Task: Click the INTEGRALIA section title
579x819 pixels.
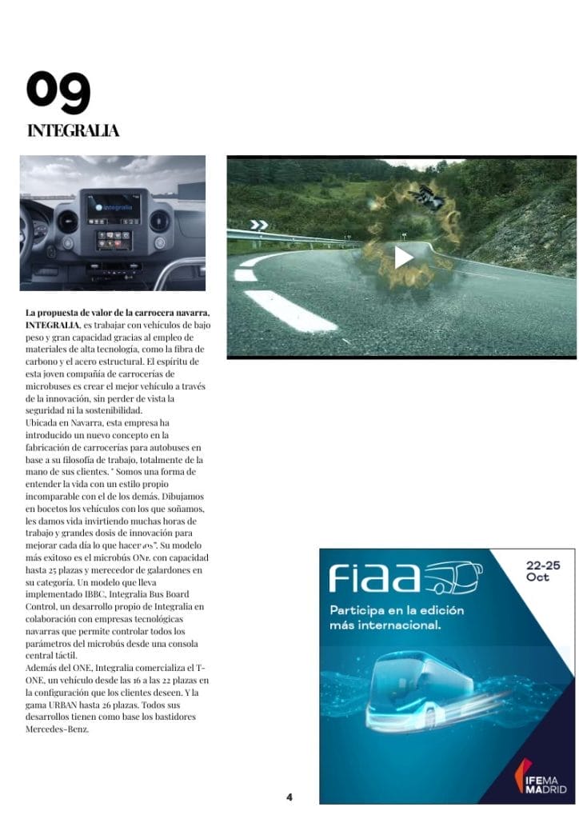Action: click(x=73, y=130)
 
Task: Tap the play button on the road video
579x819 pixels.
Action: click(x=403, y=257)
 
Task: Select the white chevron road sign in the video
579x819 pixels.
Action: click(x=258, y=225)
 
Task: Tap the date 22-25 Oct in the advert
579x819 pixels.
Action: click(x=543, y=571)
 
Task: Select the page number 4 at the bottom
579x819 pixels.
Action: click(x=289, y=797)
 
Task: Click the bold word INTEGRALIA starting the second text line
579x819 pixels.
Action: click(x=52, y=325)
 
